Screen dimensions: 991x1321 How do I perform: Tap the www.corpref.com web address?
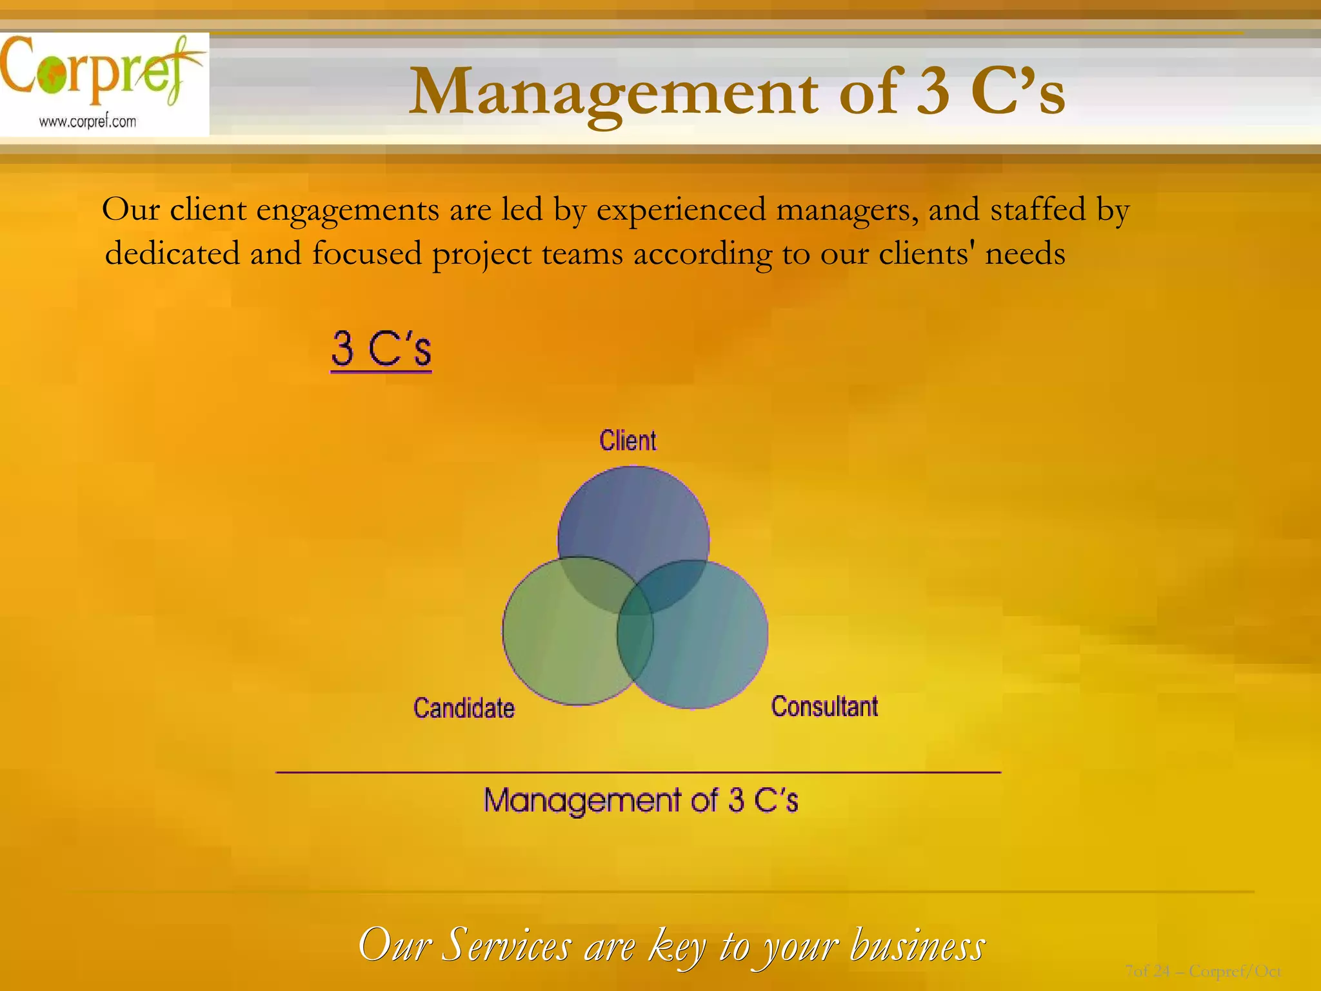point(88,121)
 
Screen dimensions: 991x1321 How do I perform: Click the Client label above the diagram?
point(628,441)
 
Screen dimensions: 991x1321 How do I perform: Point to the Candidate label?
point(464,708)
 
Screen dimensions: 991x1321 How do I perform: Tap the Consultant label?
point(824,706)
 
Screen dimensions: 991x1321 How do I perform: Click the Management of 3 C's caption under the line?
point(641,801)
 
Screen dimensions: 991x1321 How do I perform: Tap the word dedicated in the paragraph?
point(172,253)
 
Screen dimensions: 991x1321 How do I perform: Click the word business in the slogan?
point(917,946)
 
